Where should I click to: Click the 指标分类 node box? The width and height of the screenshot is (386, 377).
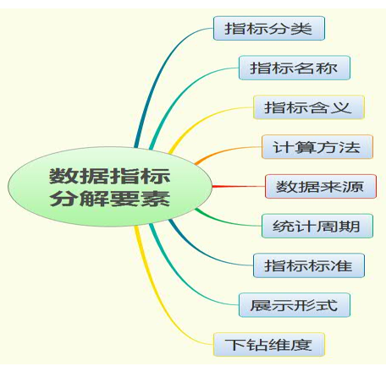coord(269,28)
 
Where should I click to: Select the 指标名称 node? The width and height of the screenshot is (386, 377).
coord(295,68)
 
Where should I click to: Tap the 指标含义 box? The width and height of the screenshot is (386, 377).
coord(309,107)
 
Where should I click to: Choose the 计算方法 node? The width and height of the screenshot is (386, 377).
coord(317,147)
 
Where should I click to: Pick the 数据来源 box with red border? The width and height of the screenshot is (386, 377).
coord(321,186)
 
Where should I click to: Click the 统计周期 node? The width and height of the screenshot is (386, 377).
coord(317,226)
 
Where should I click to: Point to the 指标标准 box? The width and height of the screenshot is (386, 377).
coord(309,265)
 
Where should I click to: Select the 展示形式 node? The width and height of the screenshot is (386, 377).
coord(295,305)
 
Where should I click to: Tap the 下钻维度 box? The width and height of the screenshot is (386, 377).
coord(269,345)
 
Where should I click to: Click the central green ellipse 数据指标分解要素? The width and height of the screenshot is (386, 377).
coord(110,187)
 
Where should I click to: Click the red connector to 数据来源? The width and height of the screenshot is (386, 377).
coord(239,186)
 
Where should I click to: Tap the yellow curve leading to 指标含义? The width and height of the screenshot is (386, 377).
coord(197,118)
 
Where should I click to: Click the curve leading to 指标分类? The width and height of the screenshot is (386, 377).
coord(158,74)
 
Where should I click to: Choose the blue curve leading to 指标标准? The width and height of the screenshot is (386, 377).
coord(203,252)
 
